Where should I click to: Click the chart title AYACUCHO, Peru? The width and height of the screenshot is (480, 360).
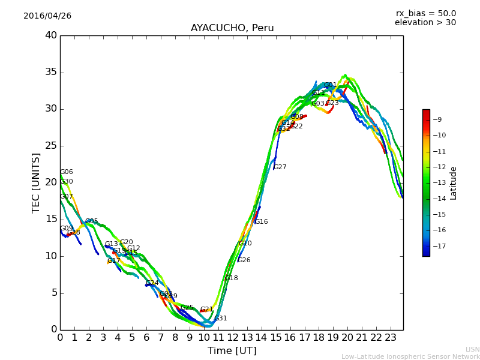232,28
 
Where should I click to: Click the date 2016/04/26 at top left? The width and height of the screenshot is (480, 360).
47,16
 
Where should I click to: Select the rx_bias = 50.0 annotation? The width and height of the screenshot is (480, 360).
425,14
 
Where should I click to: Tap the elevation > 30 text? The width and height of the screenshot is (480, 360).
425,23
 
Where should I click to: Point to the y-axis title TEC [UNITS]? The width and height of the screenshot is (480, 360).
36,182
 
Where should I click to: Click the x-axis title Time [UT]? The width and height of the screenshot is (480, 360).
232,351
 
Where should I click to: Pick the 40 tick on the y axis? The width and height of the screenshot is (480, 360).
51,35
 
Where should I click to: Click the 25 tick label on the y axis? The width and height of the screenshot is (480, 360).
51,146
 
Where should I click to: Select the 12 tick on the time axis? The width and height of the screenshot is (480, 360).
233,338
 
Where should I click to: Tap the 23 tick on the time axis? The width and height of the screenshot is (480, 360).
391,338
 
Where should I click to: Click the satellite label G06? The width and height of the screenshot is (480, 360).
67,172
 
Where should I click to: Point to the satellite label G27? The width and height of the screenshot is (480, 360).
280,167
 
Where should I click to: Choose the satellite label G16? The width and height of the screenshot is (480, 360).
262,222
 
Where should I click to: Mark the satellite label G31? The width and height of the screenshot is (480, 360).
221,319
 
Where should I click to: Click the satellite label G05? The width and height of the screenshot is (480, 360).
92,221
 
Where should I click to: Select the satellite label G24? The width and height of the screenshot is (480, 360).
152,283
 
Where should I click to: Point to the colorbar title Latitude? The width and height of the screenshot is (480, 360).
454,183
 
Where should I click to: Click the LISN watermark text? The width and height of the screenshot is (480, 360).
473,349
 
